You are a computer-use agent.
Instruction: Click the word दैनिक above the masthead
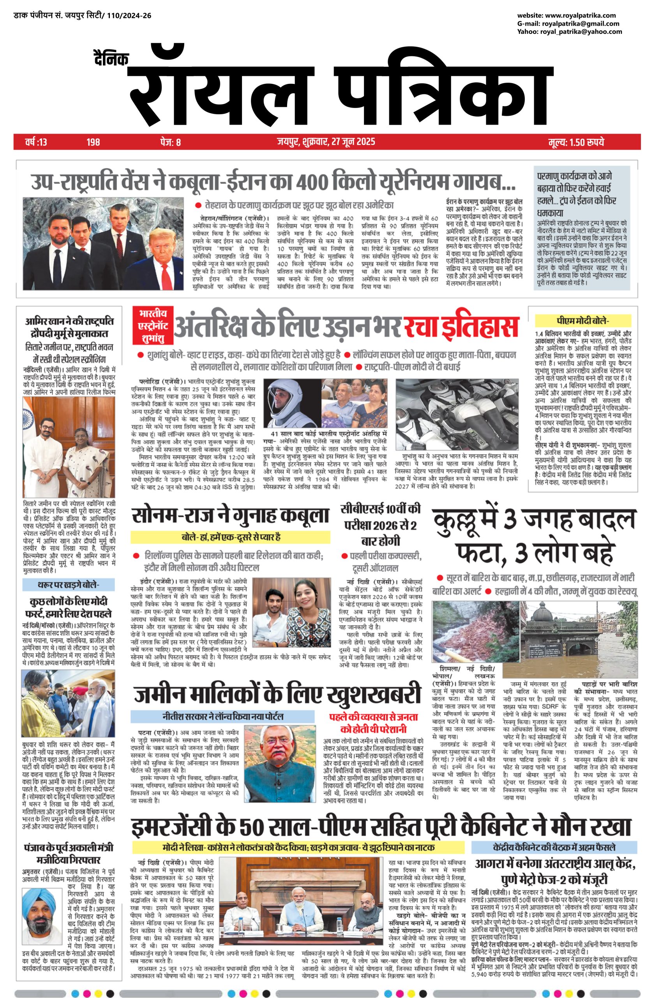click(111, 58)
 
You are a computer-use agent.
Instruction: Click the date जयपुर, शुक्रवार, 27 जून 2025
click(326, 142)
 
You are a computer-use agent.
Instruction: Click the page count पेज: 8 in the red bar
click(171, 142)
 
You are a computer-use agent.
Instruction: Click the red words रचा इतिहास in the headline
click(461, 326)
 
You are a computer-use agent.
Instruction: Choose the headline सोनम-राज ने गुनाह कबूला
click(230, 515)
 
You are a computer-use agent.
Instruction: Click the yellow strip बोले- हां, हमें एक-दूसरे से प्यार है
click(230, 537)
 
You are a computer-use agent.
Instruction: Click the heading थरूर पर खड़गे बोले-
click(69, 585)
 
